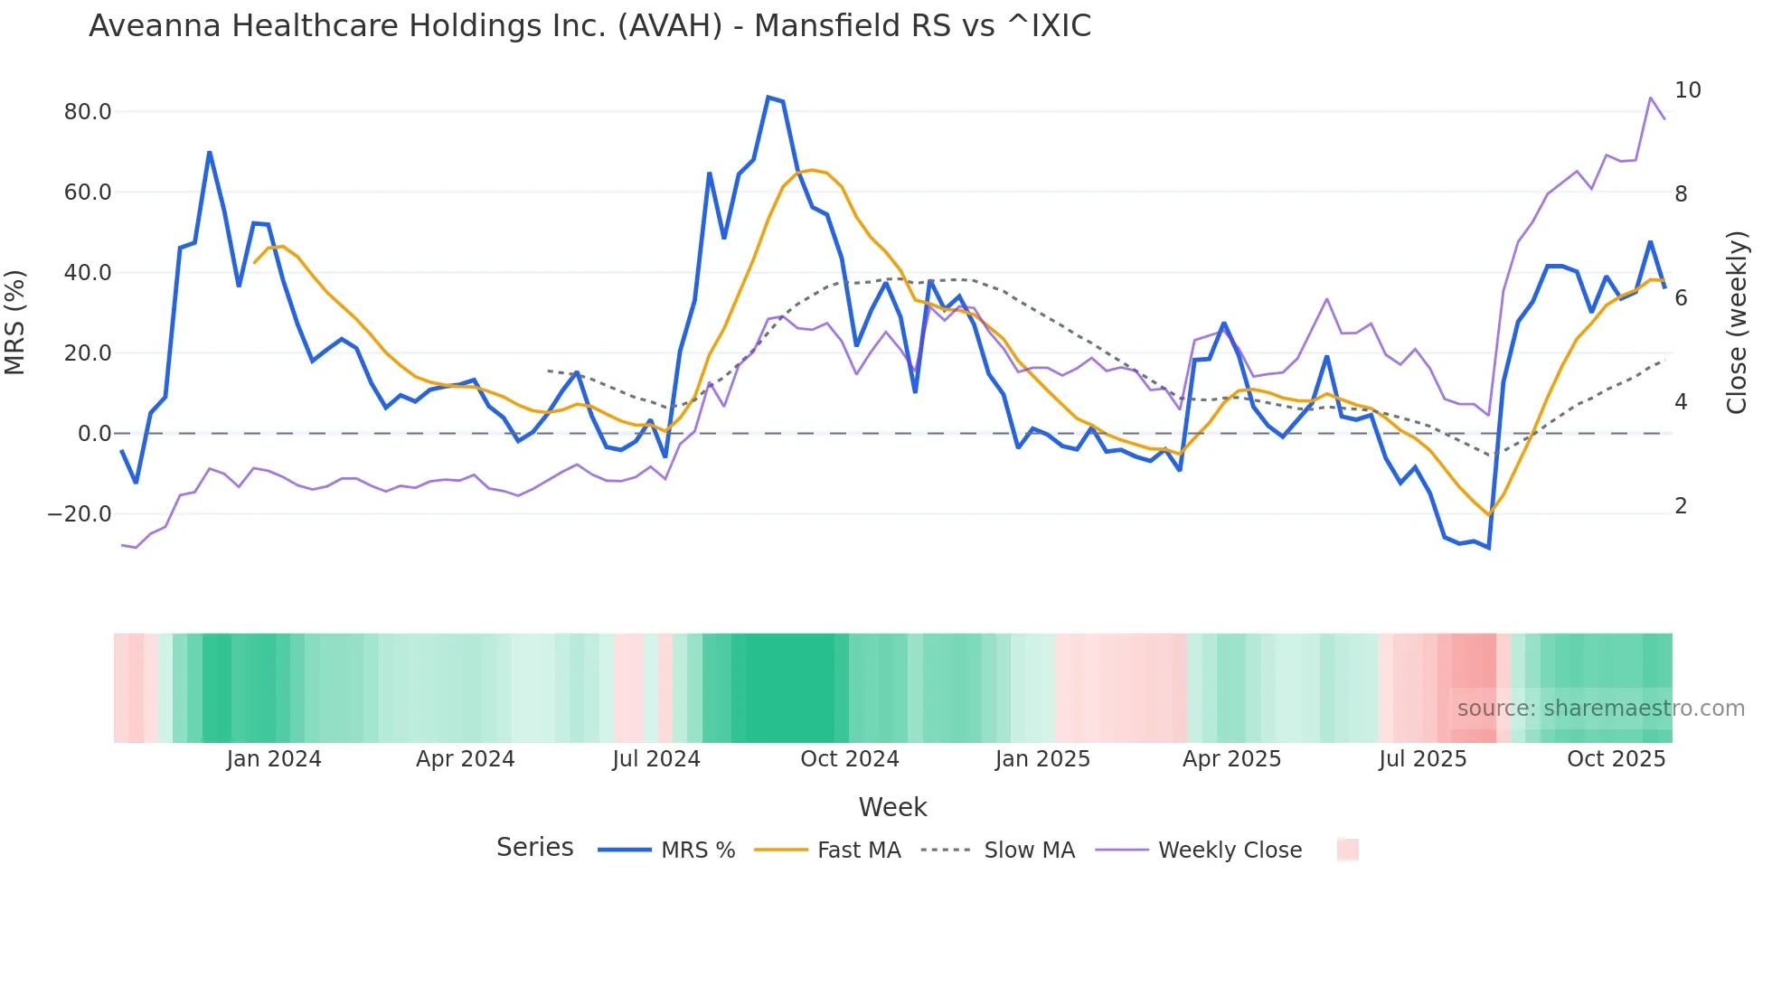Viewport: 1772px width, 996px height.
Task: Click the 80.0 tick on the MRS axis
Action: tap(88, 112)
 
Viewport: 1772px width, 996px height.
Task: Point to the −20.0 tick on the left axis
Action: tap(80, 514)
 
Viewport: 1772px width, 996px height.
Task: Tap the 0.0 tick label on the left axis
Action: tap(94, 434)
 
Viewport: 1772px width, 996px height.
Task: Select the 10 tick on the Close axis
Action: tap(1687, 90)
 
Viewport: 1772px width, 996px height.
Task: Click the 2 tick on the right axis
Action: tap(1681, 506)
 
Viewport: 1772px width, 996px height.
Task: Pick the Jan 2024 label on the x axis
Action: tap(274, 759)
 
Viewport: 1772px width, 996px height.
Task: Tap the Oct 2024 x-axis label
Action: tap(849, 759)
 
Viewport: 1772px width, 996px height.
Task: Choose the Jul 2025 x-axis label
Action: tap(1422, 759)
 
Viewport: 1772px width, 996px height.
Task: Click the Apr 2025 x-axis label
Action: tap(1231, 759)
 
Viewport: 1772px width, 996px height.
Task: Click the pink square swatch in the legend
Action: tap(1347, 850)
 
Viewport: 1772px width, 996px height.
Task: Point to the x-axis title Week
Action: tap(892, 807)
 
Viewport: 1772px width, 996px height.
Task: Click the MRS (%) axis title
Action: tap(15, 322)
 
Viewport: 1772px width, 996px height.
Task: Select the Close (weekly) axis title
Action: tap(1736, 322)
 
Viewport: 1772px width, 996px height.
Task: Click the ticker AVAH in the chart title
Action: tap(670, 26)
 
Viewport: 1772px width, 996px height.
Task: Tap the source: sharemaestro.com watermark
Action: tap(1600, 709)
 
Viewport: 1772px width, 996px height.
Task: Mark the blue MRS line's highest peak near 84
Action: tap(768, 97)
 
